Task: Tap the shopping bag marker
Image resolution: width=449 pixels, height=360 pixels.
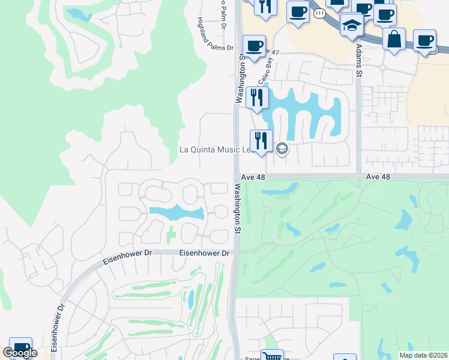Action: pos(394,40)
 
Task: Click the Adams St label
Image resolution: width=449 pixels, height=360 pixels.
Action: pos(360,59)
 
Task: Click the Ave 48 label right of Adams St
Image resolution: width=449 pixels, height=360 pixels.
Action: pos(378,177)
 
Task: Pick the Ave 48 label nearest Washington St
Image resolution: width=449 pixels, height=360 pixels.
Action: pos(254,177)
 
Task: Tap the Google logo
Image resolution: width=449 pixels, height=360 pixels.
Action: pos(20,353)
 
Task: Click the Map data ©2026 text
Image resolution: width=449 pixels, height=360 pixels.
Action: pos(423,355)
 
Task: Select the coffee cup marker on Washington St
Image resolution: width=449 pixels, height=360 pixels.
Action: pos(254,46)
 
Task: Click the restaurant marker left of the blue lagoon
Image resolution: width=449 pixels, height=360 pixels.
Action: pos(257,97)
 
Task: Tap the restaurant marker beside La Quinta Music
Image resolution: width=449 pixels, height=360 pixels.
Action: pos(261,141)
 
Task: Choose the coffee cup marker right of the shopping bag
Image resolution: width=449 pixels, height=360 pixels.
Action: pos(425,41)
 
